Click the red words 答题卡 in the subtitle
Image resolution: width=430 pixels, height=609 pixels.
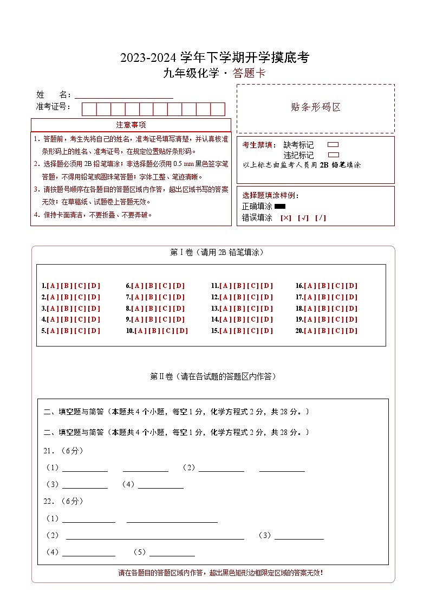click(249, 74)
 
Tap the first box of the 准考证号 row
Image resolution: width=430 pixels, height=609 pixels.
click(89, 109)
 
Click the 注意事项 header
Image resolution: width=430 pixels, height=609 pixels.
click(131, 125)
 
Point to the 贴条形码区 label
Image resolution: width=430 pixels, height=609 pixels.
click(316, 107)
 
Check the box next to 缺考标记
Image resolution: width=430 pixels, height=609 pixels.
click(333, 145)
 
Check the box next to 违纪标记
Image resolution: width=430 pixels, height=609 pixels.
click(333, 155)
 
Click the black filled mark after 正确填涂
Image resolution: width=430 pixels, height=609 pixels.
click(280, 207)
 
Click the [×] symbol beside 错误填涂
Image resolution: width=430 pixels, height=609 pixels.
click(286, 218)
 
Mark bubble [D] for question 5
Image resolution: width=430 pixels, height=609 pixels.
click(94, 331)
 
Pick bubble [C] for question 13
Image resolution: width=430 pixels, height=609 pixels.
click(252, 309)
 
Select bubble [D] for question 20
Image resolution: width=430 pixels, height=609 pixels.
click(351, 331)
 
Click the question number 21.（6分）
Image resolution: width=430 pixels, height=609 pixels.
click(63, 451)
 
